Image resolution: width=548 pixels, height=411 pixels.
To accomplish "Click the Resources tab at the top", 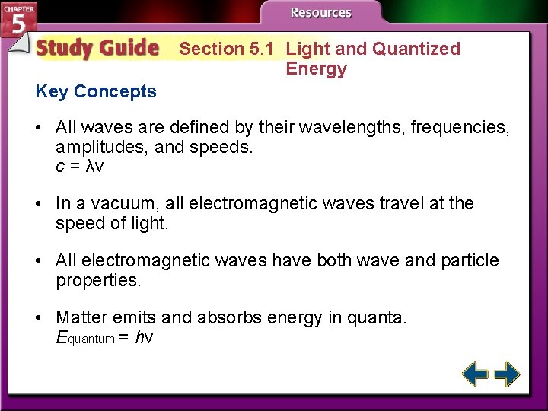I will click(321, 13).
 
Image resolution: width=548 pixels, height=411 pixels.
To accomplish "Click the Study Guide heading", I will click(97, 49).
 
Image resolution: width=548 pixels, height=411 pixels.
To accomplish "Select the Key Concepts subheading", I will click(96, 92).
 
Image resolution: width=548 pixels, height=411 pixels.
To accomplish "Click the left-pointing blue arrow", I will click(476, 374).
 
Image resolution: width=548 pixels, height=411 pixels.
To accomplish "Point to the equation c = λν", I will click(80, 166).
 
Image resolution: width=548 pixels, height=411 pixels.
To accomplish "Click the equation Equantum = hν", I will click(105, 337).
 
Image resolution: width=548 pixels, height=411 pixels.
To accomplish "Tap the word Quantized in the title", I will click(416, 49).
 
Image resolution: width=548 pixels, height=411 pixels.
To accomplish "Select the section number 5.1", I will click(262, 49).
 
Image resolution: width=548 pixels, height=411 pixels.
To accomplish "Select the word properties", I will click(98, 280).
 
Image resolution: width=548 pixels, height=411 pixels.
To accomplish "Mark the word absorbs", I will click(227, 317).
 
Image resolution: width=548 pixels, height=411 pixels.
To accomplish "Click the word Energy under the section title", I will click(316, 69).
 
